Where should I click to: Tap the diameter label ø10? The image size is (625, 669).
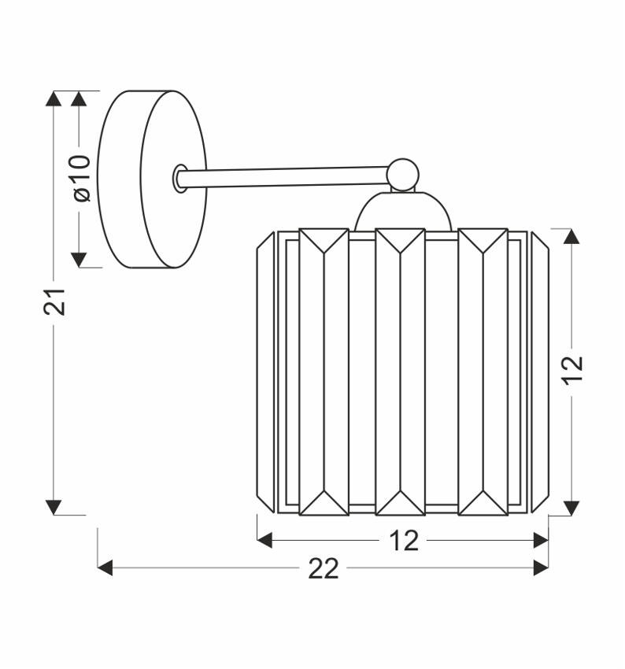point(81,178)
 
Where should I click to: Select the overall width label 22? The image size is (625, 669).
point(323,568)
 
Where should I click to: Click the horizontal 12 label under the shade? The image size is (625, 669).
point(404,541)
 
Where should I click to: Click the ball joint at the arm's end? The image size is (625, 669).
point(402,174)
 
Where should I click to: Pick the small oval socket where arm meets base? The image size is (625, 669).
point(180,179)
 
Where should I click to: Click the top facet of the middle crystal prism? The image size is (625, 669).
point(401,240)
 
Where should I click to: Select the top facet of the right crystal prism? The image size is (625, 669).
point(483,240)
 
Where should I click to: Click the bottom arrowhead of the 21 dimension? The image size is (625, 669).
point(54,507)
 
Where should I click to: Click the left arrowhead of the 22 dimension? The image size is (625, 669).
point(105,567)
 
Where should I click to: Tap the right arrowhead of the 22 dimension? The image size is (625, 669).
point(541,567)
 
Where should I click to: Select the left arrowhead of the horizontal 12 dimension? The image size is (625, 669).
point(265,540)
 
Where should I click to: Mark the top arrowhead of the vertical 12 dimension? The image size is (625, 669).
point(572,236)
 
